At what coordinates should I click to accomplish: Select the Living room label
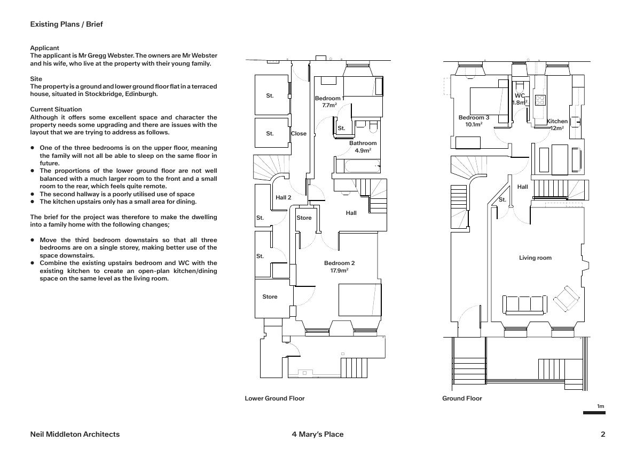(x=535, y=258)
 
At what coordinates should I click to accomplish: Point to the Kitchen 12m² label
(x=557, y=125)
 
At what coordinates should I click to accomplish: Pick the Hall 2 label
(x=284, y=198)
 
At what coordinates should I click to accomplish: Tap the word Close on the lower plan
(x=299, y=134)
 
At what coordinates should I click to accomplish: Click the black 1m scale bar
(x=594, y=413)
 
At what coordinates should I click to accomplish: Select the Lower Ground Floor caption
(x=274, y=398)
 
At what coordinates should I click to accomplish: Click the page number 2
(x=603, y=434)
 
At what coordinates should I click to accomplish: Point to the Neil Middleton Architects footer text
(x=75, y=434)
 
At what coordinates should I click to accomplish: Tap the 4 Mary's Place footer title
(x=318, y=434)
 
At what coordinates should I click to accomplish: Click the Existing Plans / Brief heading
(x=66, y=25)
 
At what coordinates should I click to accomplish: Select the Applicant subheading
(x=44, y=48)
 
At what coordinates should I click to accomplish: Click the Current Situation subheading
(x=56, y=109)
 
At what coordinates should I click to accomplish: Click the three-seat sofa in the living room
(x=524, y=304)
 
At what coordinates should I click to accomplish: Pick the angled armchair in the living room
(x=566, y=299)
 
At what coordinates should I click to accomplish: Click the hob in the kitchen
(x=540, y=100)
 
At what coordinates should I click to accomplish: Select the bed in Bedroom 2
(x=360, y=300)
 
